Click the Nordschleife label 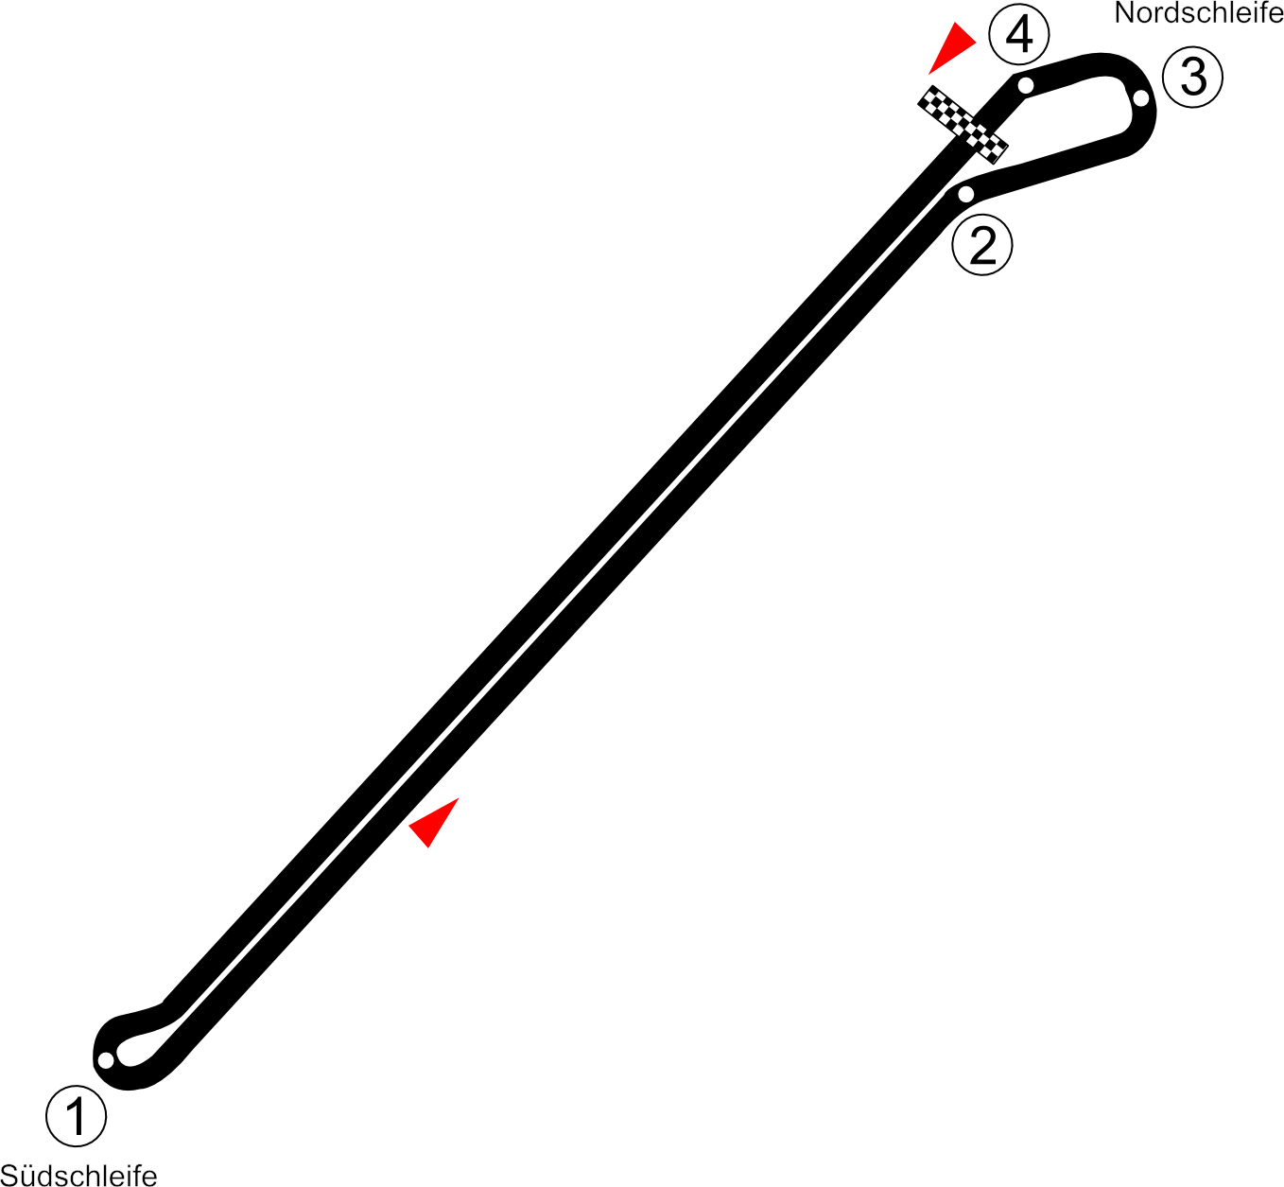click(x=1198, y=13)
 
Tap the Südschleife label click(x=78, y=1175)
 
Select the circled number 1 click(x=77, y=1116)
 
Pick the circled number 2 click(x=982, y=246)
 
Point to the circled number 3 click(x=1193, y=77)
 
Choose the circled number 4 click(x=1019, y=36)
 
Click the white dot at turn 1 click(x=106, y=1059)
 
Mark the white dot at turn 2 click(x=965, y=194)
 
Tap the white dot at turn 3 click(x=1141, y=97)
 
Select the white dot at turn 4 click(x=1026, y=85)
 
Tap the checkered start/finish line click(x=963, y=124)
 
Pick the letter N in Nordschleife click(x=1123, y=13)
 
